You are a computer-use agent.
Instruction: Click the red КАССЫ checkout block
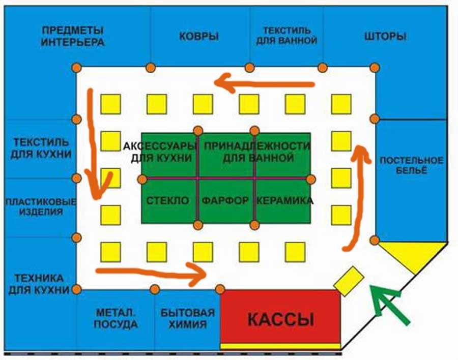click(x=280, y=319)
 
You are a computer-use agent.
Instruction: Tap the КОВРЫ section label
click(x=199, y=37)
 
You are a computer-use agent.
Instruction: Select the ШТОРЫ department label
click(x=385, y=37)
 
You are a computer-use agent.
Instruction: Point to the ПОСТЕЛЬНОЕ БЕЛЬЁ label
click(x=404, y=165)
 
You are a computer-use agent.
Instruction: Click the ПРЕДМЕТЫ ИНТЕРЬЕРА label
click(x=73, y=36)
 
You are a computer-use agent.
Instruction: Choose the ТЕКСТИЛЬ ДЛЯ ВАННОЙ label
click(x=287, y=36)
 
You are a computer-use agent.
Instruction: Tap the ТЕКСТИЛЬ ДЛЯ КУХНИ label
click(x=39, y=147)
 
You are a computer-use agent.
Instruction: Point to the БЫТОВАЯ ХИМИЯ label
click(x=188, y=319)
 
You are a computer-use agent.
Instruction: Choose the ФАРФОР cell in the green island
click(x=225, y=201)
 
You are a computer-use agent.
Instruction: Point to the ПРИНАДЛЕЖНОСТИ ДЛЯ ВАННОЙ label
click(x=257, y=152)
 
